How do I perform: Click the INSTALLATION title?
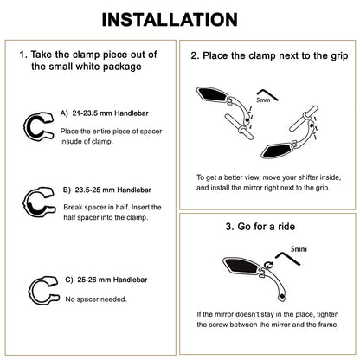170,20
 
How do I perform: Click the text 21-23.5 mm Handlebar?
110,113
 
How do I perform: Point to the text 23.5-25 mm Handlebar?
112,190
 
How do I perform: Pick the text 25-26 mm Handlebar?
112,280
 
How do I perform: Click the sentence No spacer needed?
96,299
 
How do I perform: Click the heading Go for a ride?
266,227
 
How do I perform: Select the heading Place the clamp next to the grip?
275,55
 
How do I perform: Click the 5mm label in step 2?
263,100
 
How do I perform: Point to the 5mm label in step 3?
299,248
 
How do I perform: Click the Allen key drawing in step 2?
267,93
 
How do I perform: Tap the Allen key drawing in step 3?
288,258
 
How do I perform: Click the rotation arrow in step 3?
269,265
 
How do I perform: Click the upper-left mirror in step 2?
213,94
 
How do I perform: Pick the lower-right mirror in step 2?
278,150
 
